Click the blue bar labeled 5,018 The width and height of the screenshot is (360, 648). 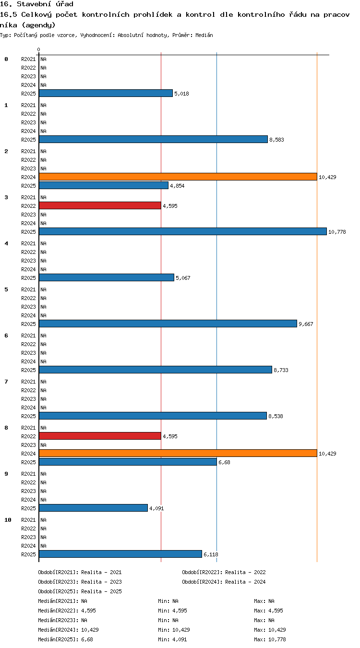(x=106, y=93)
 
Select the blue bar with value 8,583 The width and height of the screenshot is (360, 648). (x=153, y=139)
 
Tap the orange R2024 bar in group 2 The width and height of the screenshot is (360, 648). (x=178, y=177)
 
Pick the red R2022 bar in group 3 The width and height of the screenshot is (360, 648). (x=100, y=205)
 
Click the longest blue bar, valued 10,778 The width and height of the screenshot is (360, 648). (x=182, y=231)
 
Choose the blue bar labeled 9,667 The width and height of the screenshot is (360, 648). (x=168, y=324)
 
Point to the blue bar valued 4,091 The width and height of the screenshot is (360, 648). (x=93, y=508)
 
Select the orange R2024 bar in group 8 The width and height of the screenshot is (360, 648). (x=178, y=453)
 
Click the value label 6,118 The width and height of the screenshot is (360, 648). (x=211, y=554)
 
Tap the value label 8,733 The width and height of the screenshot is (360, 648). (x=281, y=370)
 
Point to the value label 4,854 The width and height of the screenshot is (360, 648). (x=177, y=186)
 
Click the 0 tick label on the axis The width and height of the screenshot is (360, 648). (x=38, y=49)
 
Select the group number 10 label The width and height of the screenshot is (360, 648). (x=8, y=520)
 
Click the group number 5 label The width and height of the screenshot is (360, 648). (x=6, y=289)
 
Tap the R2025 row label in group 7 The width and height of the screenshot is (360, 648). (x=28, y=416)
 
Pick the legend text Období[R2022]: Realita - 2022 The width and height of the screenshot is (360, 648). (x=224, y=572)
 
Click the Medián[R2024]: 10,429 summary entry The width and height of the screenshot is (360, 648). (x=68, y=630)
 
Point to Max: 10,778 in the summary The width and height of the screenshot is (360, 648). (x=270, y=639)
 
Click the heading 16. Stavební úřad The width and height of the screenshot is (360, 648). (x=36, y=4)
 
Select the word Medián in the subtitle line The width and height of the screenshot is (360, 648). (x=204, y=36)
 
